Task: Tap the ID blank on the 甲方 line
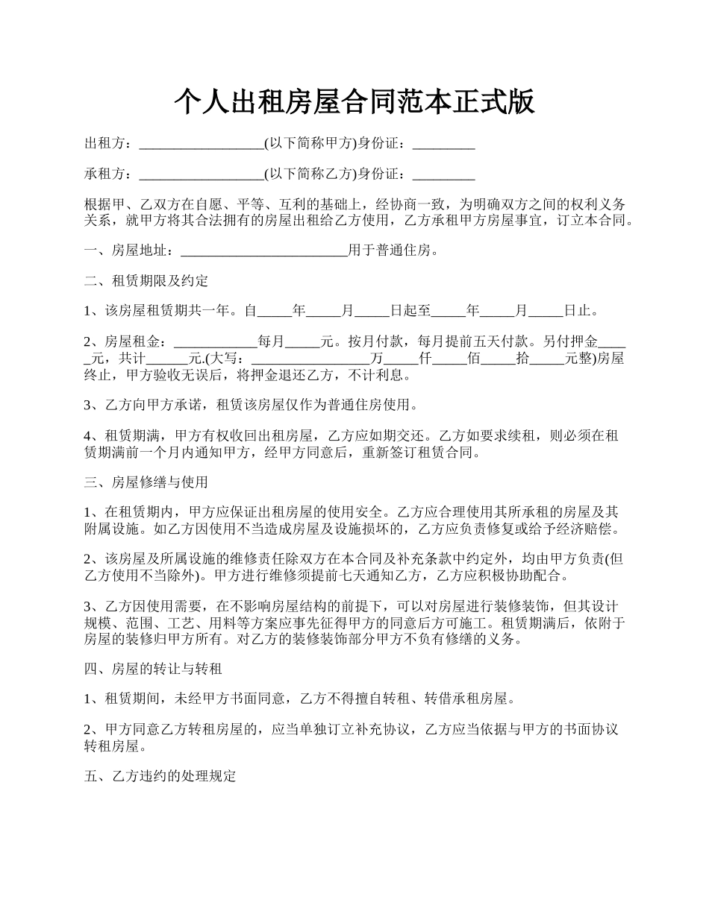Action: click(x=443, y=143)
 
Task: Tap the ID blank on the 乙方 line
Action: click(x=443, y=174)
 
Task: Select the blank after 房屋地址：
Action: click(x=264, y=250)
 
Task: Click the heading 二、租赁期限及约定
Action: click(x=146, y=281)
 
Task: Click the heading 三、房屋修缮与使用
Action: click(x=146, y=482)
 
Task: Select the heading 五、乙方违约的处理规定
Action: click(x=160, y=776)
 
